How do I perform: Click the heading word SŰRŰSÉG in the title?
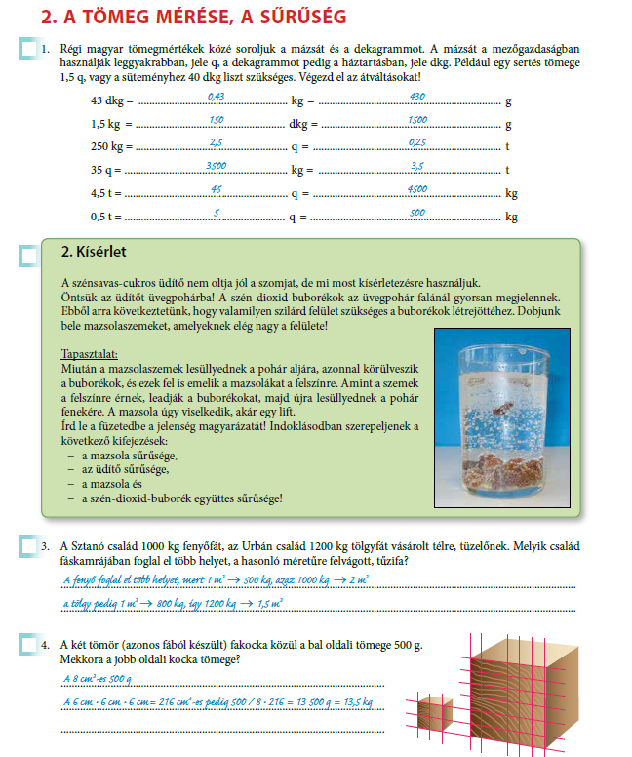pyautogui.click(x=297, y=17)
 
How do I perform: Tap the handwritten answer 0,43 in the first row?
pyautogui.click(x=216, y=97)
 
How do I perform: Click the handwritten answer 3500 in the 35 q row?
pyautogui.click(x=217, y=166)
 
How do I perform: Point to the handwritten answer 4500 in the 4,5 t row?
pyautogui.click(x=416, y=189)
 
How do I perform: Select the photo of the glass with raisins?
pyautogui.click(x=501, y=418)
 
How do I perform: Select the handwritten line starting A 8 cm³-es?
pyautogui.click(x=97, y=678)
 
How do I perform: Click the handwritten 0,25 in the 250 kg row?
pyautogui.click(x=416, y=142)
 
